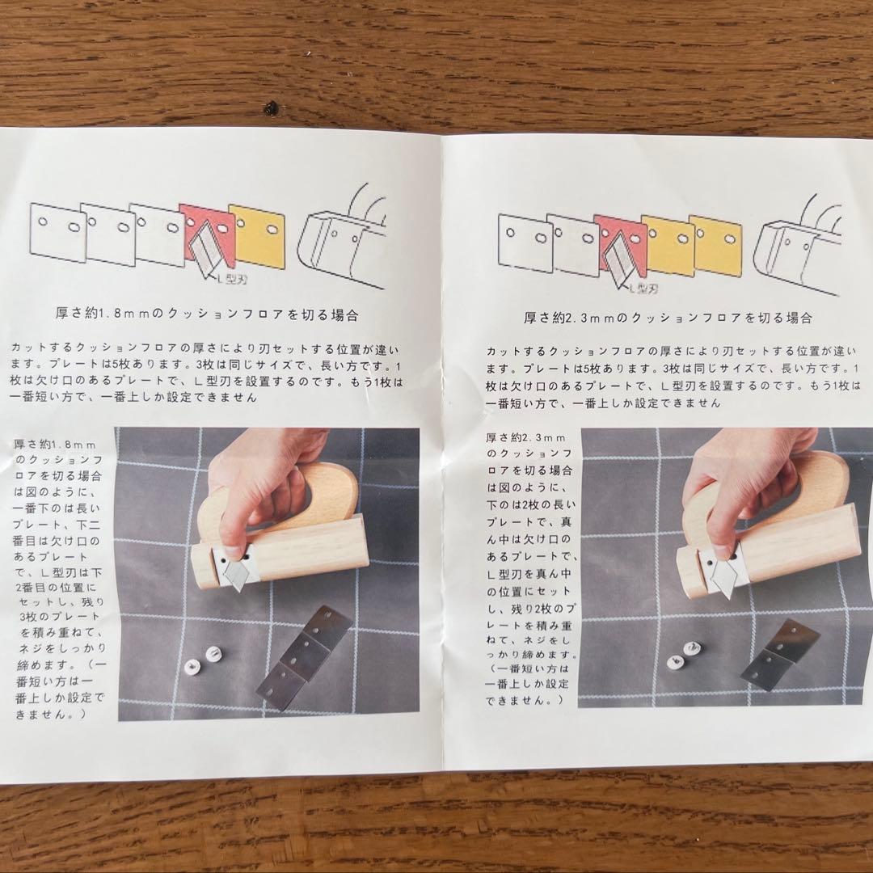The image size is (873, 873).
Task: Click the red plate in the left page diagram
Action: tap(206, 234)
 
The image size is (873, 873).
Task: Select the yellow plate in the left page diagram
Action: tap(258, 236)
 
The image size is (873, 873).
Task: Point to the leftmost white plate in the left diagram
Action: tap(58, 232)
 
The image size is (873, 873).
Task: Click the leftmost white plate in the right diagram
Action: tap(525, 242)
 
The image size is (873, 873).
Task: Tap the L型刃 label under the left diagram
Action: tap(232, 276)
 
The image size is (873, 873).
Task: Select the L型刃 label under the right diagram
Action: tap(643, 288)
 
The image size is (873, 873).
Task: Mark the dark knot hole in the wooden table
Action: tap(271, 108)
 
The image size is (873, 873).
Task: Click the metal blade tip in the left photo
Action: tap(238, 588)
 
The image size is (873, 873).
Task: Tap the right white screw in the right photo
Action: tap(691, 648)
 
